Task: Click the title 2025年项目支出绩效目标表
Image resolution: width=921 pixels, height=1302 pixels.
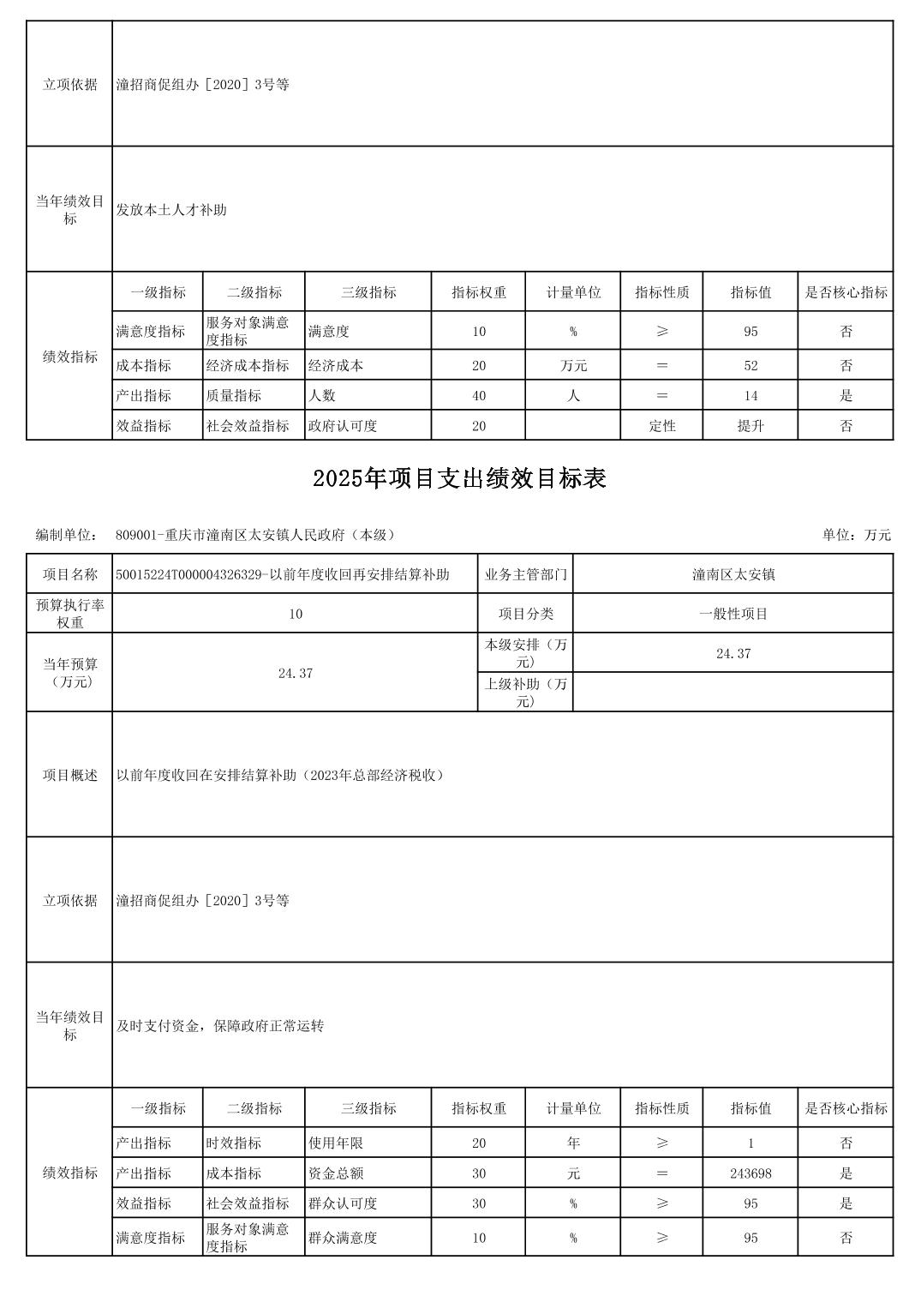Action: point(459,478)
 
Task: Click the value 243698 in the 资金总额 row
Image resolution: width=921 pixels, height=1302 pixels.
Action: point(751,1173)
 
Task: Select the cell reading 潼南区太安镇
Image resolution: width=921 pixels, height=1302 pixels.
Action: point(733,574)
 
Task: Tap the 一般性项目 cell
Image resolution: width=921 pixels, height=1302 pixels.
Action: point(733,614)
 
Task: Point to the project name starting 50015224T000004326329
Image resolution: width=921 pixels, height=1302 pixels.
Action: point(283,574)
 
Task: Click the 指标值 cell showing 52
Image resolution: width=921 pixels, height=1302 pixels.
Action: point(751,365)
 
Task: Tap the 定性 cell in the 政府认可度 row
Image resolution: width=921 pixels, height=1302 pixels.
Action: point(662,425)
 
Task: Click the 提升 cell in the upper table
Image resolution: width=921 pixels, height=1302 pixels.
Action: point(751,425)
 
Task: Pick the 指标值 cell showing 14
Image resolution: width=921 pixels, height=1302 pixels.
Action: point(751,395)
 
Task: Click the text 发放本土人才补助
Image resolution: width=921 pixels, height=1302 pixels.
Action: point(171,210)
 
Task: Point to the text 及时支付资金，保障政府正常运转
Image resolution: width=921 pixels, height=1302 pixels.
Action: point(220,1026)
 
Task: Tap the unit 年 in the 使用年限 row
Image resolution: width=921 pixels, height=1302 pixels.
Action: point(573,1143)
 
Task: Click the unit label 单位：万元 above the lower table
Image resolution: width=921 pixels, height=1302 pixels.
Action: point(856,535)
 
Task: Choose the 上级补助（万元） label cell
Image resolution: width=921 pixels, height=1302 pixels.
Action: point(525,692)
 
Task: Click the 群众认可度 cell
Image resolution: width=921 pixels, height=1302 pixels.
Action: point(343,1203)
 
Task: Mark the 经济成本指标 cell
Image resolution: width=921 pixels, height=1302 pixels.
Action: point(248,365)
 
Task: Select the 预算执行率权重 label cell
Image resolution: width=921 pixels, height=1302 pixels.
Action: point(69,614)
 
